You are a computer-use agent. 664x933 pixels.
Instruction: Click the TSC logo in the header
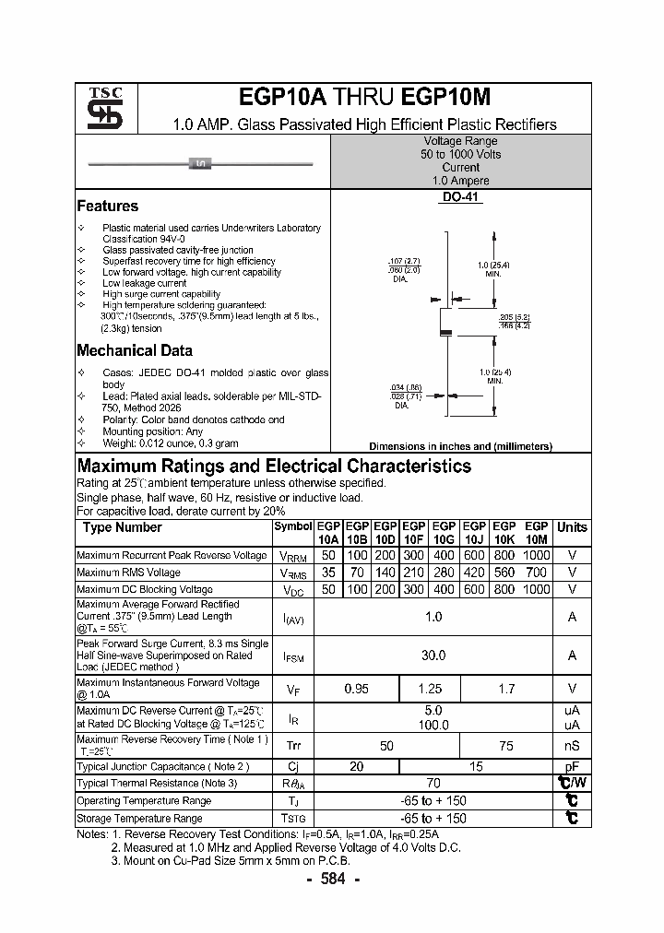(98, 109)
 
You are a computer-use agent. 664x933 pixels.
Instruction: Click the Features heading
(108, 207)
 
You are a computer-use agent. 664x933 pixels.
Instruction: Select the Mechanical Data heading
(135, 350)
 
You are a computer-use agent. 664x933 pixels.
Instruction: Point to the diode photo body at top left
(200, 164)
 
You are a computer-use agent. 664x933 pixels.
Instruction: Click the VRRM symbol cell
(292, 556)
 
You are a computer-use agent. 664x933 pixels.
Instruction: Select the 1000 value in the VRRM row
(536, 556)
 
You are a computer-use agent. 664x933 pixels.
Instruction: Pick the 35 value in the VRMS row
(327, 573)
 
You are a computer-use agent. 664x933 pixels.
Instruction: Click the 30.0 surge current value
(433, 655)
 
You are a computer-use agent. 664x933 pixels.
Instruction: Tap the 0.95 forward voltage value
(357, 689)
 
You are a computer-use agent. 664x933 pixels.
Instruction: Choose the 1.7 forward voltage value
(506, 689)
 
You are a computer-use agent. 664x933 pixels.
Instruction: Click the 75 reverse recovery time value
(506, 745)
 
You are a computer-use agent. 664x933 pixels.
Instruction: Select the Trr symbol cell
(292, 745)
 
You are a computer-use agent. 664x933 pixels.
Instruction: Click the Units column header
(572, 527)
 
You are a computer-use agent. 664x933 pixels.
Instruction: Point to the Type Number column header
(122, 527)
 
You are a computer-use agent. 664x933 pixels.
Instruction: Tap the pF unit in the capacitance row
(572, 767)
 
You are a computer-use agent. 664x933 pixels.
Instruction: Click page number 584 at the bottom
(332, 880)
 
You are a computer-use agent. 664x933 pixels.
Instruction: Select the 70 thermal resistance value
(433, 784)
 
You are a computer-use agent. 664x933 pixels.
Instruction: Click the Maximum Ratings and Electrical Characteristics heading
(274, 466)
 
